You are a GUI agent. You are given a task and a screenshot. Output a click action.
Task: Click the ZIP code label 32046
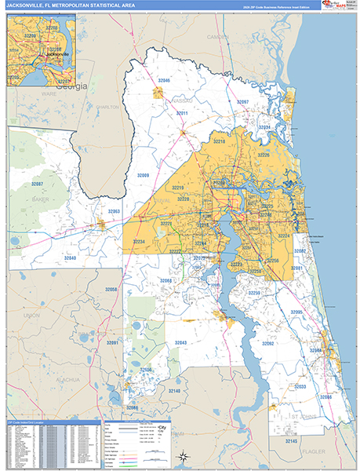(162, 80)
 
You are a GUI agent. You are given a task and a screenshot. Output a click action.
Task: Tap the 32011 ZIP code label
(182, 114)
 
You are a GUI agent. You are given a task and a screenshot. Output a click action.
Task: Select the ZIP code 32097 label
(242, 103)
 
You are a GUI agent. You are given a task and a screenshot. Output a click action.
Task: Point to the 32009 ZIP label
(142, 174)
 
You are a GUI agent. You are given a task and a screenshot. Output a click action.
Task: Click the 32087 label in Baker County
(38, 184)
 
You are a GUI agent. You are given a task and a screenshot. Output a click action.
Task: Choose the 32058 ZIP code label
(111, 290)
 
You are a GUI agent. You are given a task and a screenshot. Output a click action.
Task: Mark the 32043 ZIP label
(180, 343)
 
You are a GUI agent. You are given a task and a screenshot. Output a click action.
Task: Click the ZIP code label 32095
(296, 312)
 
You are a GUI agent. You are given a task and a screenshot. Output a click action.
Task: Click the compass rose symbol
(182, 455)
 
